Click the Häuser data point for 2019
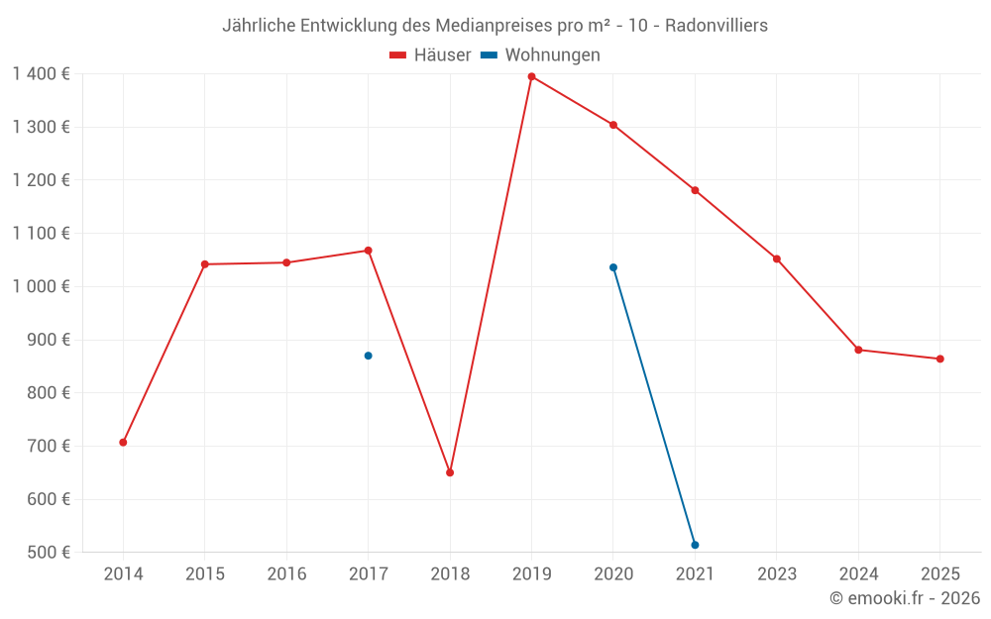click(x=531, y=76)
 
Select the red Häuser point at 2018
click(x=450, y=472)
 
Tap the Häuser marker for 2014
click(x=123, y=442)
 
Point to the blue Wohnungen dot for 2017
click(x=368, y=356)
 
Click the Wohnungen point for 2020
click(x=613, y=267)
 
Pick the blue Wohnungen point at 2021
click(x=695, y=545)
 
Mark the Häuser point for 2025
click(x=939, y=359)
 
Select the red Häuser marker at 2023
click(x=777, y=259)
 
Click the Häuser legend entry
click(x=430, y=55)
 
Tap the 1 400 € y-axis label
click(x=41, y=74)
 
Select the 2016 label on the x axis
click(x=286, y=574)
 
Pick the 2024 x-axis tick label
click(x=858, y=574)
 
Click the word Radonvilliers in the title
click(x=716, y=26)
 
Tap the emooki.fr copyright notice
click(x=905, y=598)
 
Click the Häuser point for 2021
click(x=695, y=190)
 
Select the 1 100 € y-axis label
click(x=41, y=234)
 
